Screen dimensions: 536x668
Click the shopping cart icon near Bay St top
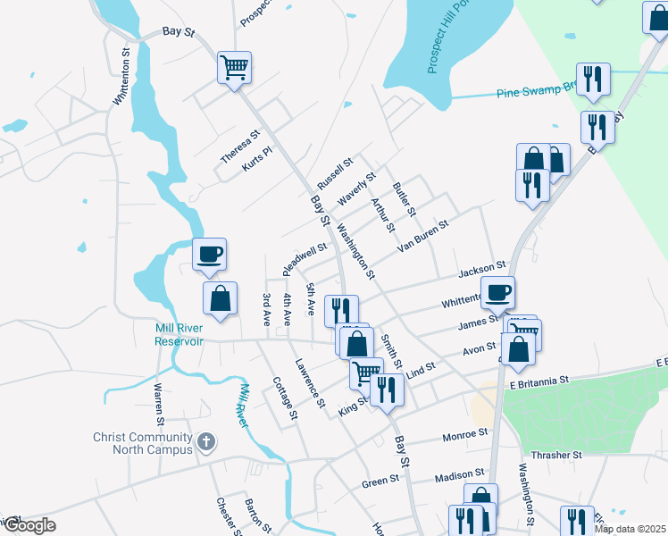234,67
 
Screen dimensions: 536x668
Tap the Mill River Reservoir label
180,334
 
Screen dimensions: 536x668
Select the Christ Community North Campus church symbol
205,440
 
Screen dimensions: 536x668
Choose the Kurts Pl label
255,160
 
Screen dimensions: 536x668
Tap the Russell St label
335,172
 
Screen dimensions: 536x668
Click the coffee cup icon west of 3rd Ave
209,254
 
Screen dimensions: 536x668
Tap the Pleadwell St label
305,256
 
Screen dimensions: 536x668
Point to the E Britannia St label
539,381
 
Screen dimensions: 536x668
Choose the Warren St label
159,404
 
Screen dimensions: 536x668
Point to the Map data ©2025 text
630,529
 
